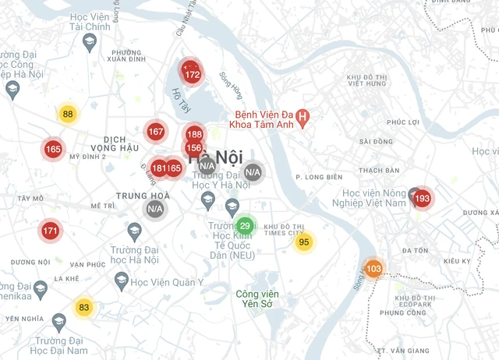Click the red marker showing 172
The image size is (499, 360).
[193, 76]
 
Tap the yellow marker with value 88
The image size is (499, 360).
[68, 115]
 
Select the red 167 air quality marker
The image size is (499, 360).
[155, 132]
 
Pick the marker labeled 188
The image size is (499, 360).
[194, 134]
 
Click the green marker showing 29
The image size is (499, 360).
[245, 226]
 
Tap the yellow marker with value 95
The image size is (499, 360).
[304, 242]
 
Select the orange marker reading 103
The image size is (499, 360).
[373, 269]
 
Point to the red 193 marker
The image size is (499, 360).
[422, 199]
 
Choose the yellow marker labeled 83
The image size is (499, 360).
[83, 307]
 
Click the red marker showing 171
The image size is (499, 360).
[50, 231]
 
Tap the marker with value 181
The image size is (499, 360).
[158, 168]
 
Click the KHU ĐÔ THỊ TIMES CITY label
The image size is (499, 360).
[283, 230]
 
